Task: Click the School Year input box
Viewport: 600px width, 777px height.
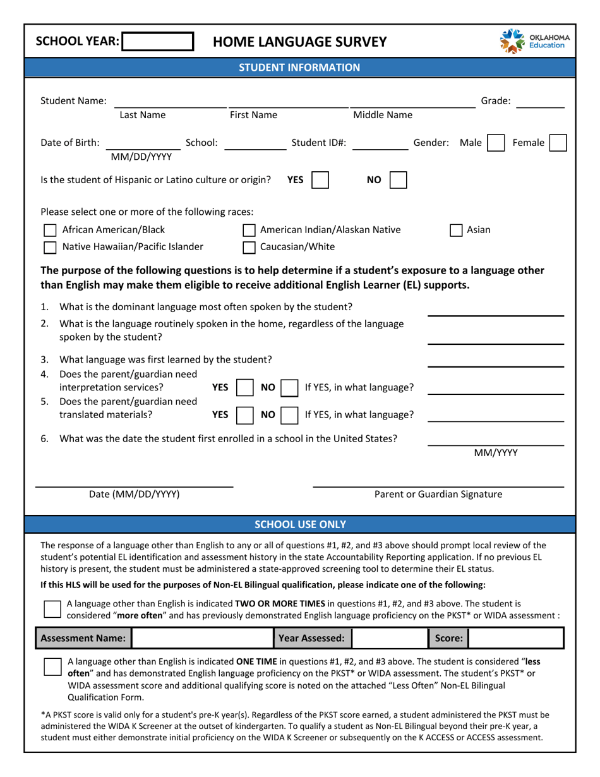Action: click(157, 42)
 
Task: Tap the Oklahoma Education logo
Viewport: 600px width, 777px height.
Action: click(534, 42)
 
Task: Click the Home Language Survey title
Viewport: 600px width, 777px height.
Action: click(299, 42)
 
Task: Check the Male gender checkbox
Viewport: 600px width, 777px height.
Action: click(496, 143)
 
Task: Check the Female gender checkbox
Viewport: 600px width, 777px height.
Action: click(558, 143)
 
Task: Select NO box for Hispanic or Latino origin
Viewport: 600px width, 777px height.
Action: click(398, 180)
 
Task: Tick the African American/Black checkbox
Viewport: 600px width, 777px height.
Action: click(49, 231)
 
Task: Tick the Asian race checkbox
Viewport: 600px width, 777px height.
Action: click(455, 231)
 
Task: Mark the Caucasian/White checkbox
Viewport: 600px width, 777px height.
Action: click(249, 247)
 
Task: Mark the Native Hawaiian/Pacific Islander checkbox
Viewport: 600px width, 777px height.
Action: click(49, 247)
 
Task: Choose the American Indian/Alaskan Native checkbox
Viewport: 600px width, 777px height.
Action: click(249, 231)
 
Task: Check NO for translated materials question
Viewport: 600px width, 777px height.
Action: click(289, 415)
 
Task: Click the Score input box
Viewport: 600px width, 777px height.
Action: click(514, 639)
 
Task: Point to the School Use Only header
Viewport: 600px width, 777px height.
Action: click(299, 524)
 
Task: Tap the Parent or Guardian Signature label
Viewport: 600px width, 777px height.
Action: click(438, 494)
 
